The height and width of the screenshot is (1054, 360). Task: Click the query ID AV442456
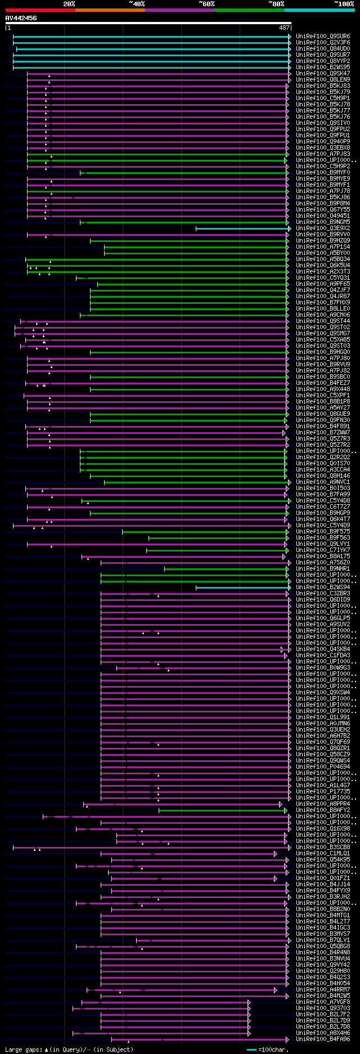click(x=21, y=18)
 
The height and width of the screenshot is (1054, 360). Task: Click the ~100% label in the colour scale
click(x=344, y=4)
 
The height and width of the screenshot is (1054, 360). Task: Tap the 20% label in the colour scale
click(x=69, y=4)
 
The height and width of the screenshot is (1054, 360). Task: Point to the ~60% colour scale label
click(x=206, y=4)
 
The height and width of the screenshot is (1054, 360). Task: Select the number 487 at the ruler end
click(x=284, y=28)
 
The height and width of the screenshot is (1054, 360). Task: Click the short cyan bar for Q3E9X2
click(x=242, y=228)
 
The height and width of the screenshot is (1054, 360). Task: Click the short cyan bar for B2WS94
click(x=242, y=587)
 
